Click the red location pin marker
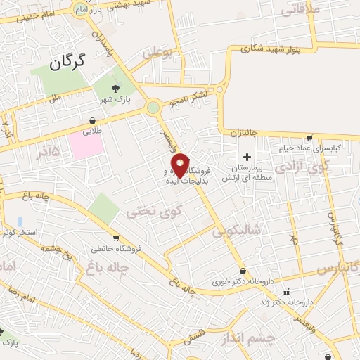tap(181, 165)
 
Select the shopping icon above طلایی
tap(93, 120)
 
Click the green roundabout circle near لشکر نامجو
tap(153, 108)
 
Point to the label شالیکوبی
tap(238, 229)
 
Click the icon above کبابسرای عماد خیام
tap(309, 138)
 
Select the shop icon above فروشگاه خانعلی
tap(115, 238)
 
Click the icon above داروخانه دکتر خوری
tap(243, 271)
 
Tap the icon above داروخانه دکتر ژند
tap(285, 292)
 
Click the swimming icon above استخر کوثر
tap(20, 221)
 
